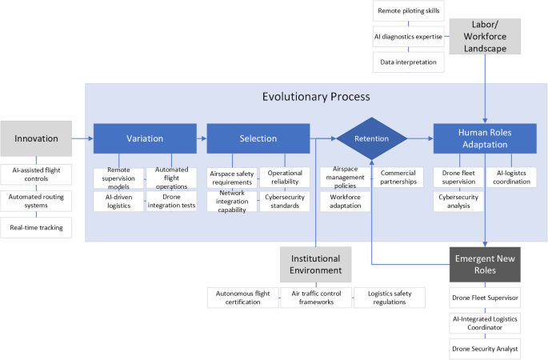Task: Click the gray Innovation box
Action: click(x=35, y=138)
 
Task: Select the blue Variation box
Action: click(x=145, y=138)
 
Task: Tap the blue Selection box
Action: click(x=258, y=138)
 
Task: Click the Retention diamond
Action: click(x=372, y=138)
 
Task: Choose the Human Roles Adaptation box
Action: click(x=485, y=138)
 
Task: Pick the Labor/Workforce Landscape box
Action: click(x=486, y=36)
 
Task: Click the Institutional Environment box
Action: click(x=315, y=264)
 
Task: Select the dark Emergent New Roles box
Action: click(x=485, y=264)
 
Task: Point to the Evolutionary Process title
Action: click(x=316, y=97)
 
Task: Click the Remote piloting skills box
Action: click(x=409, y=12)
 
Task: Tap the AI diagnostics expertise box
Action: click(x=409, y=37)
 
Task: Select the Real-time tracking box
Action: click(x=36, y=229)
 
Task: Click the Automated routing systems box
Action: click(x=36, y=201)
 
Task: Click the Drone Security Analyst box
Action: click(x=485, y=348)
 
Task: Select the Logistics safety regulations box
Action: click(x=390, y=298)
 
